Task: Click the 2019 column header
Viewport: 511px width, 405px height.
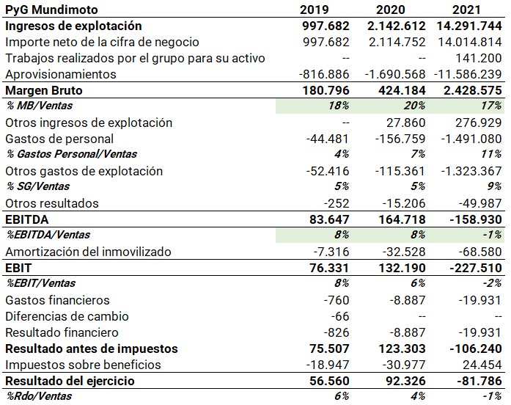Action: (325, 10)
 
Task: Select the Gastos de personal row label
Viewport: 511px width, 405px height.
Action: (59, 139)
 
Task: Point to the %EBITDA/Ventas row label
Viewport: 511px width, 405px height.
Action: (48, 236)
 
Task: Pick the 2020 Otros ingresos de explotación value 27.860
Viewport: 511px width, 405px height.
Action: (405, 123)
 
